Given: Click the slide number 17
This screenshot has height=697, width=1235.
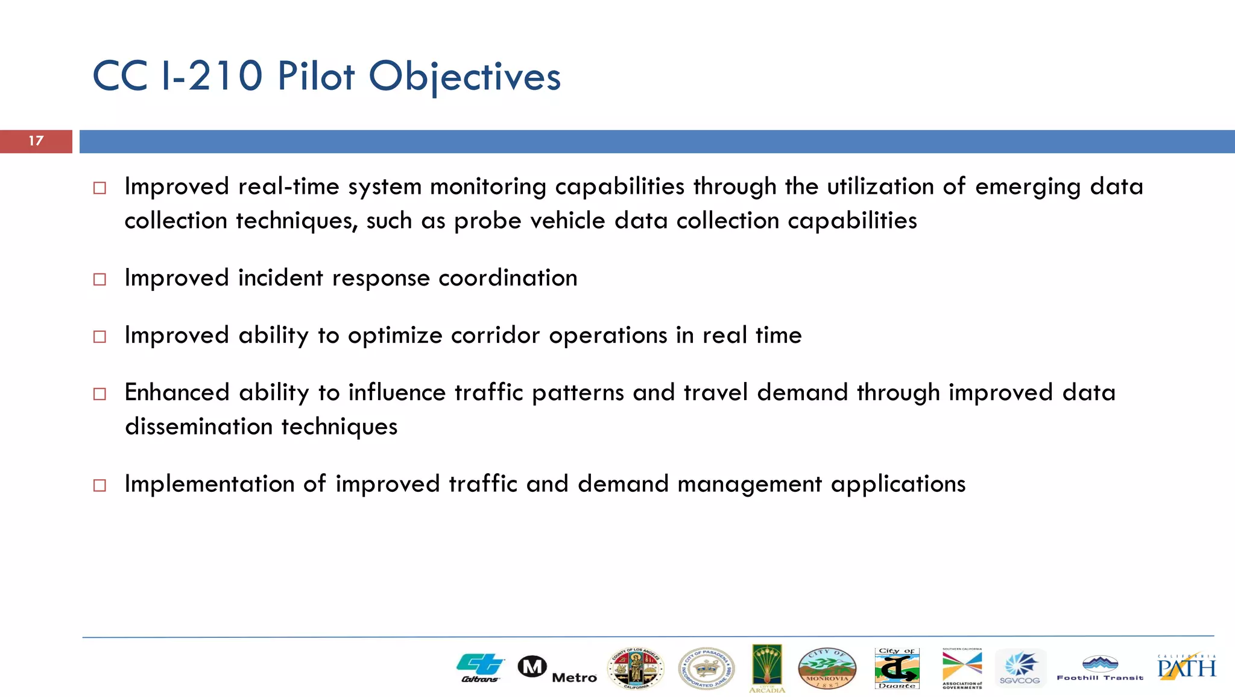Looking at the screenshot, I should coord(36,141).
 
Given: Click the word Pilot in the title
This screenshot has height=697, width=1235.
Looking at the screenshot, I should coord(315,77).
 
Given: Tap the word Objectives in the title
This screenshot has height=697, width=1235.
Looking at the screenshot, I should coord(464,77).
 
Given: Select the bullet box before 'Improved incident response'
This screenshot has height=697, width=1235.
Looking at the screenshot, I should coord(100,279).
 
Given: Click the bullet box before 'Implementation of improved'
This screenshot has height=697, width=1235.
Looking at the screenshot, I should coord(100,485).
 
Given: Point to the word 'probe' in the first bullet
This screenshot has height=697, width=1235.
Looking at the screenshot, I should coord(487,221).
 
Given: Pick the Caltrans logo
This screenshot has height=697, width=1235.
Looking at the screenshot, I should coord(480,667).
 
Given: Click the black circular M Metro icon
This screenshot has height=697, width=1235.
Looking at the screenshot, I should coord(532,667).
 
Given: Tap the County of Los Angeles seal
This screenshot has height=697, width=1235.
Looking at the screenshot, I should coord(636,669).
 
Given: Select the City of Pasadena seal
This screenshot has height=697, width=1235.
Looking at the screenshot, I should coord(706,669).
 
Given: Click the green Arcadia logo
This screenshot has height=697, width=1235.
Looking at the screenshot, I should coord(767,667).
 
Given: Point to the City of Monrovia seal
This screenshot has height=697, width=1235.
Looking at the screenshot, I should coord(827,669).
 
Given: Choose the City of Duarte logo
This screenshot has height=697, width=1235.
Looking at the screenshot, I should coord(897,668).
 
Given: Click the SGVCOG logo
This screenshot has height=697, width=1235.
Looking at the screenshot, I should coord(1020,668).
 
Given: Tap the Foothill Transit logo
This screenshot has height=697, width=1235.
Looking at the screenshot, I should coord(1100,669).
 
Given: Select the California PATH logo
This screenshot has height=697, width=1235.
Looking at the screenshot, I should coord(1186,667).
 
